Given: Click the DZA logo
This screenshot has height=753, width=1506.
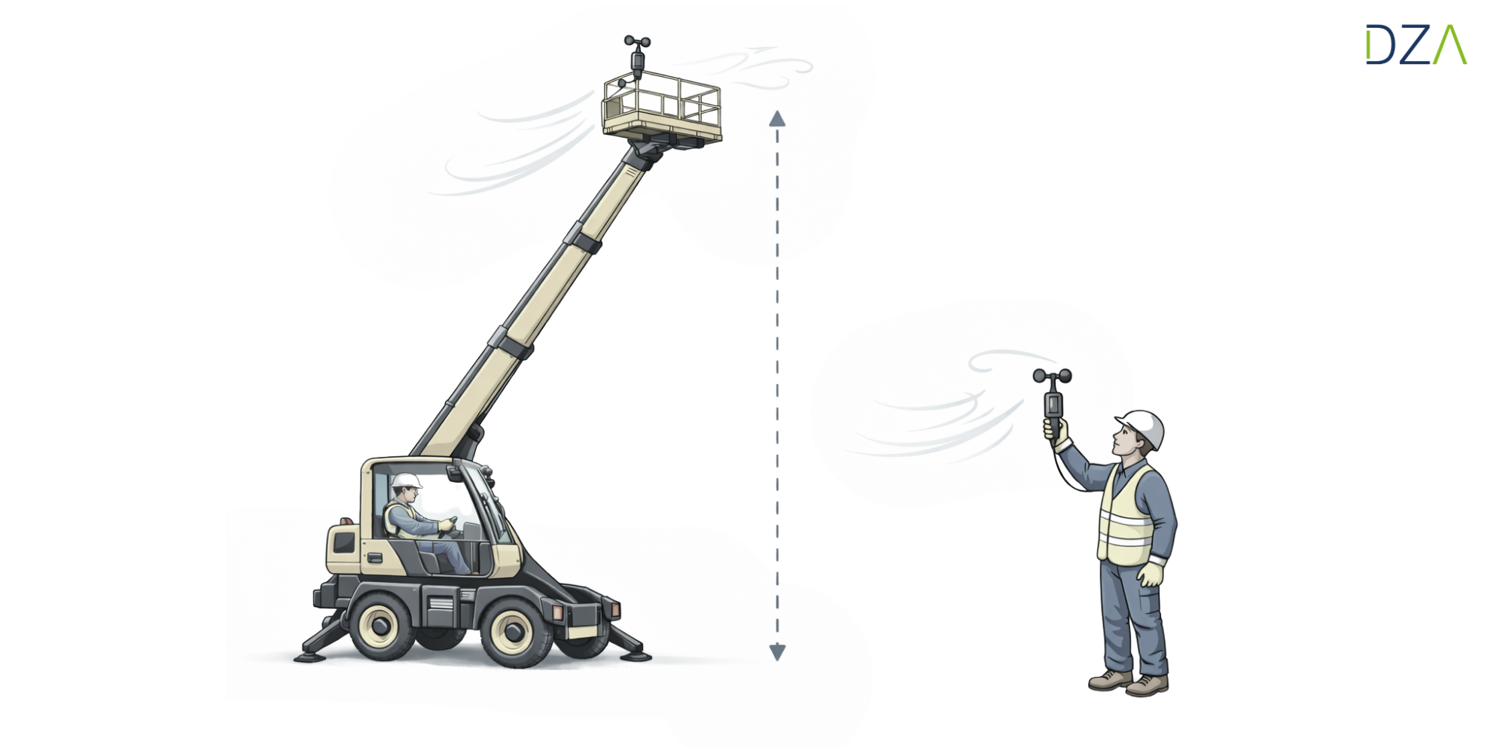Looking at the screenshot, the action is coord(1416,44).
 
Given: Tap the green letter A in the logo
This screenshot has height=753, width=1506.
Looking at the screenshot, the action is coord(1450,44).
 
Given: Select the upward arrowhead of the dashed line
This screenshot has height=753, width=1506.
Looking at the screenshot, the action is coord(777,118).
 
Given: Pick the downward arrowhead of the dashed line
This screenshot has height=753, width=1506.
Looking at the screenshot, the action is coord(777,652).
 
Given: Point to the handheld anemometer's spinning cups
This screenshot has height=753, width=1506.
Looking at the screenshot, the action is coord(1052,376).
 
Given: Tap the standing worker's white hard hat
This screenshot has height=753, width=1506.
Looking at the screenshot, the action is coord(1142,427).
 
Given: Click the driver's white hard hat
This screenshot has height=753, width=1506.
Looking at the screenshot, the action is coord(406,480).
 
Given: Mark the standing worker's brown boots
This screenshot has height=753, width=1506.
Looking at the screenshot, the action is coord(1128,683).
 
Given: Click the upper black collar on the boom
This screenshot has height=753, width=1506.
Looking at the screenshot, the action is coord(582,238).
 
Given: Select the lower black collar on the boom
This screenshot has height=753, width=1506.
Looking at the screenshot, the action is coord(511,343).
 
